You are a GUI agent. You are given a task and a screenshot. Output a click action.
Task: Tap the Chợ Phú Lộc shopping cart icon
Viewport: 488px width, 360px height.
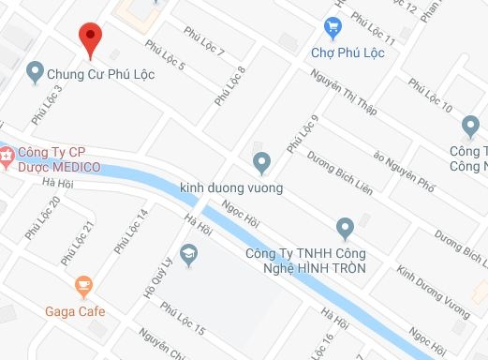pyautogui.click(x=332, y=26)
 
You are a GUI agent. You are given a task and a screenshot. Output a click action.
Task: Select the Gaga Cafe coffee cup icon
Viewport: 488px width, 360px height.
pyautogui.click(x=83, y=285)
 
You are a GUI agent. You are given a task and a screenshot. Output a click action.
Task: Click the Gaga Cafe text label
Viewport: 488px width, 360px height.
pyautogui.click(x=75, y=311)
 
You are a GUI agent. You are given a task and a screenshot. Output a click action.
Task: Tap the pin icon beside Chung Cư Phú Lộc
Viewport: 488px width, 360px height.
pyautogui.click(x=36, y=70)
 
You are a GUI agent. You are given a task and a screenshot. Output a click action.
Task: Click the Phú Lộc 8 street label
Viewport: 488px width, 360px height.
pyautogui.click(x=229, y=85)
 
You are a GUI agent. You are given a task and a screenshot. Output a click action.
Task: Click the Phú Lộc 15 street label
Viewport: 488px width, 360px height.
pyautogui.click(x=182, y=318)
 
